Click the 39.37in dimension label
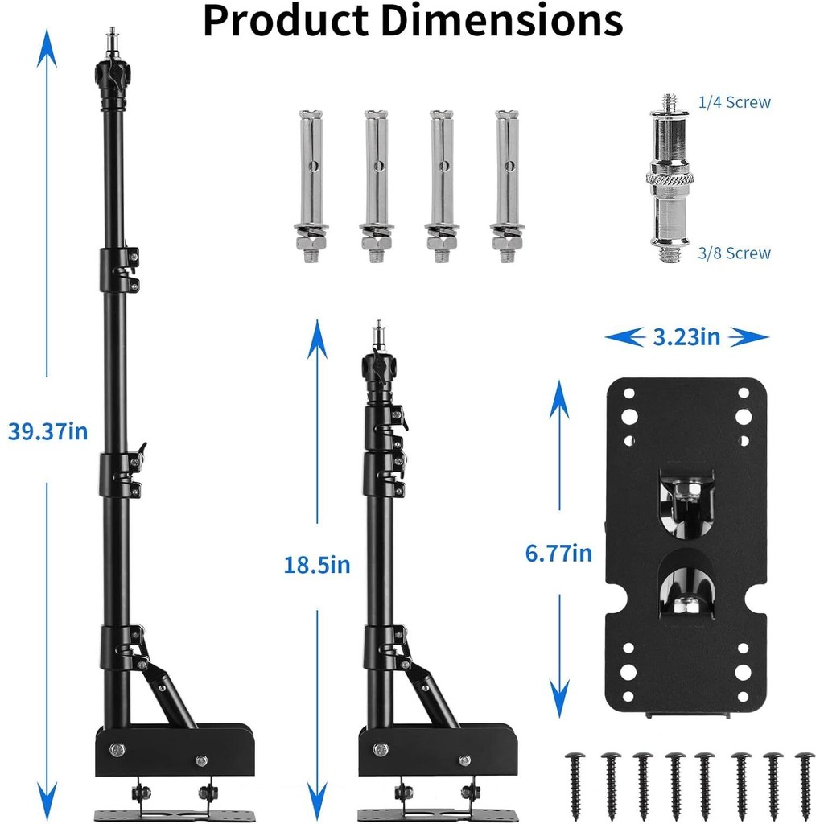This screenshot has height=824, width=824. pos(47,431)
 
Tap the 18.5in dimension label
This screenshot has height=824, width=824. pos(317,565)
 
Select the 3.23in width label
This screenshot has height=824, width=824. pos(686,337)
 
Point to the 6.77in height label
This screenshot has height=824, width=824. pos(558,554)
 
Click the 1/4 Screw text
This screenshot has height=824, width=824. pos(734,102)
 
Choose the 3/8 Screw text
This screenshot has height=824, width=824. pos(734,253)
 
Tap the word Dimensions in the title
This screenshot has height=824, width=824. pos(501,20)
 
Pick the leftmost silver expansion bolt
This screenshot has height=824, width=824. pos(311,187)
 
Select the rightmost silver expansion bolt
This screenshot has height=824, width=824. pos(507,187)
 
